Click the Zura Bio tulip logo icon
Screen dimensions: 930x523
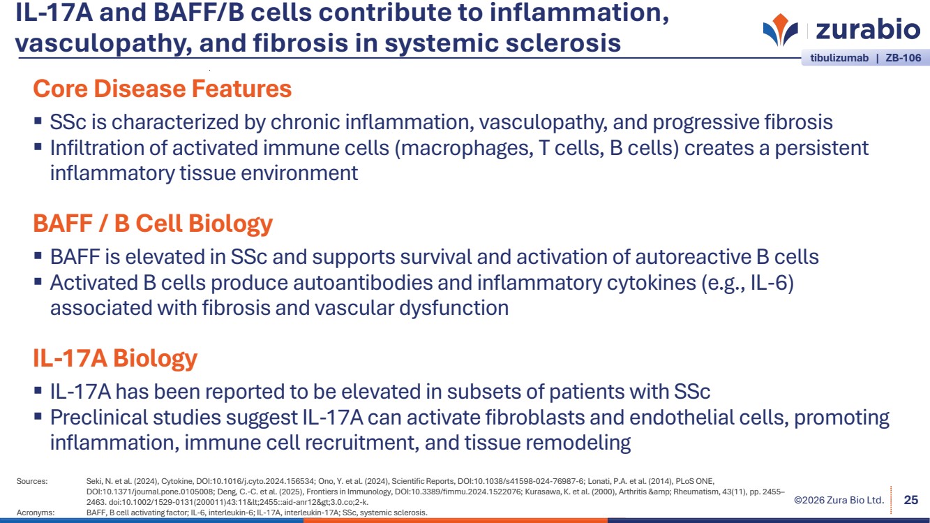click(780, 29)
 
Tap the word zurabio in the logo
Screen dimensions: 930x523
click(868, 29)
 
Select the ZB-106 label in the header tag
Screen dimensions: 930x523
click(903, 58)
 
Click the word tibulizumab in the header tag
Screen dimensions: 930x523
click(839, 58)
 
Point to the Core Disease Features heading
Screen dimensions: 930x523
click(163, 89)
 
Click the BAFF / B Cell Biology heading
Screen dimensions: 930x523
click(153, 223)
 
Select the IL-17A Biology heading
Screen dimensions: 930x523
click(115, 358)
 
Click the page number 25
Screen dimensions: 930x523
click(911, 500)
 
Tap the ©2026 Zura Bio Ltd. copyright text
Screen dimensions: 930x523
click(839, 500)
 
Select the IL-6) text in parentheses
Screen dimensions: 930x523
click(772, 283)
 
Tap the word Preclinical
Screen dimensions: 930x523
click(99, 418)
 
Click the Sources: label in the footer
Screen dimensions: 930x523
click(32, 482)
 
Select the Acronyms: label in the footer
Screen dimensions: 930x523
click(36, 513)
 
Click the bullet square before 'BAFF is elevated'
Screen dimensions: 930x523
click(38, 256)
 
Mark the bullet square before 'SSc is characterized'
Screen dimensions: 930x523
click(38, 121)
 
